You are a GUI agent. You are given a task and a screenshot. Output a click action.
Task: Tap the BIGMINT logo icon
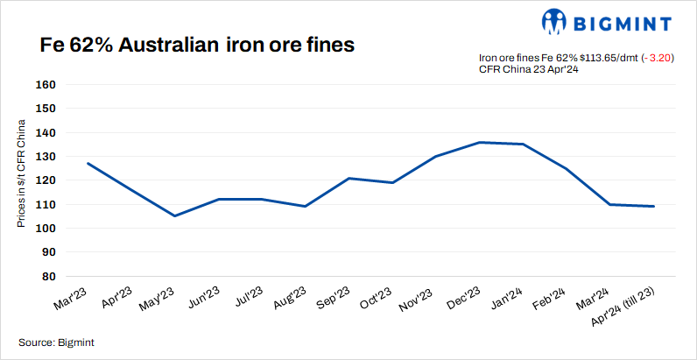[x=554, y=21]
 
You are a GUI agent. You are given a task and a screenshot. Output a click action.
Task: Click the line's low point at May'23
[x=175, y=215]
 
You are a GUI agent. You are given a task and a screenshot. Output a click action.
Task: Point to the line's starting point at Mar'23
[x=88, y=163]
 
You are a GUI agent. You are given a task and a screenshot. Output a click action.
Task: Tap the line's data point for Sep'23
[x=349, y=179]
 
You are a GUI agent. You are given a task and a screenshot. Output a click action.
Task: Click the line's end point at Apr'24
[x=654, y=206]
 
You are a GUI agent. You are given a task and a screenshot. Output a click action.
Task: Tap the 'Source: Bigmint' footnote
[x=56, y=342]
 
